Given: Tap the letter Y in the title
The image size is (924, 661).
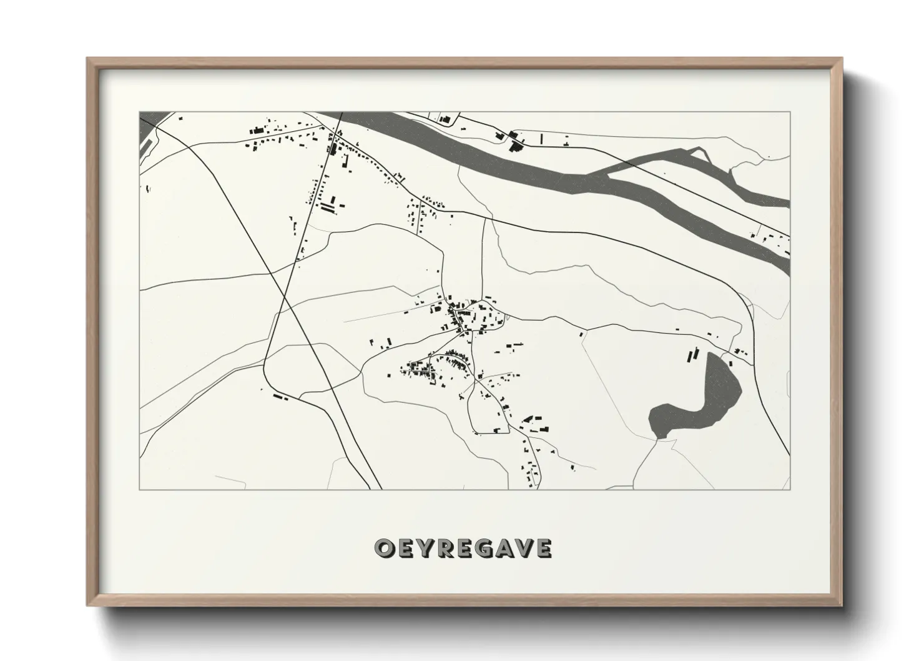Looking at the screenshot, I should pos(426,549).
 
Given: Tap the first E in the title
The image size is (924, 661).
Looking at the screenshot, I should pos(405,549).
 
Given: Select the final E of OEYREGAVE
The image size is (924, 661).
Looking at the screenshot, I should pos(544,549).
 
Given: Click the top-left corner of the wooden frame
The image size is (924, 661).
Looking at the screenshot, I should pos(89,59).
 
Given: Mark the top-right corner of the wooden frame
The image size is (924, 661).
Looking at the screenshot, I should pos(842,59).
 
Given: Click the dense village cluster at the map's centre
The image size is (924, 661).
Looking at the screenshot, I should pos(462,316).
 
